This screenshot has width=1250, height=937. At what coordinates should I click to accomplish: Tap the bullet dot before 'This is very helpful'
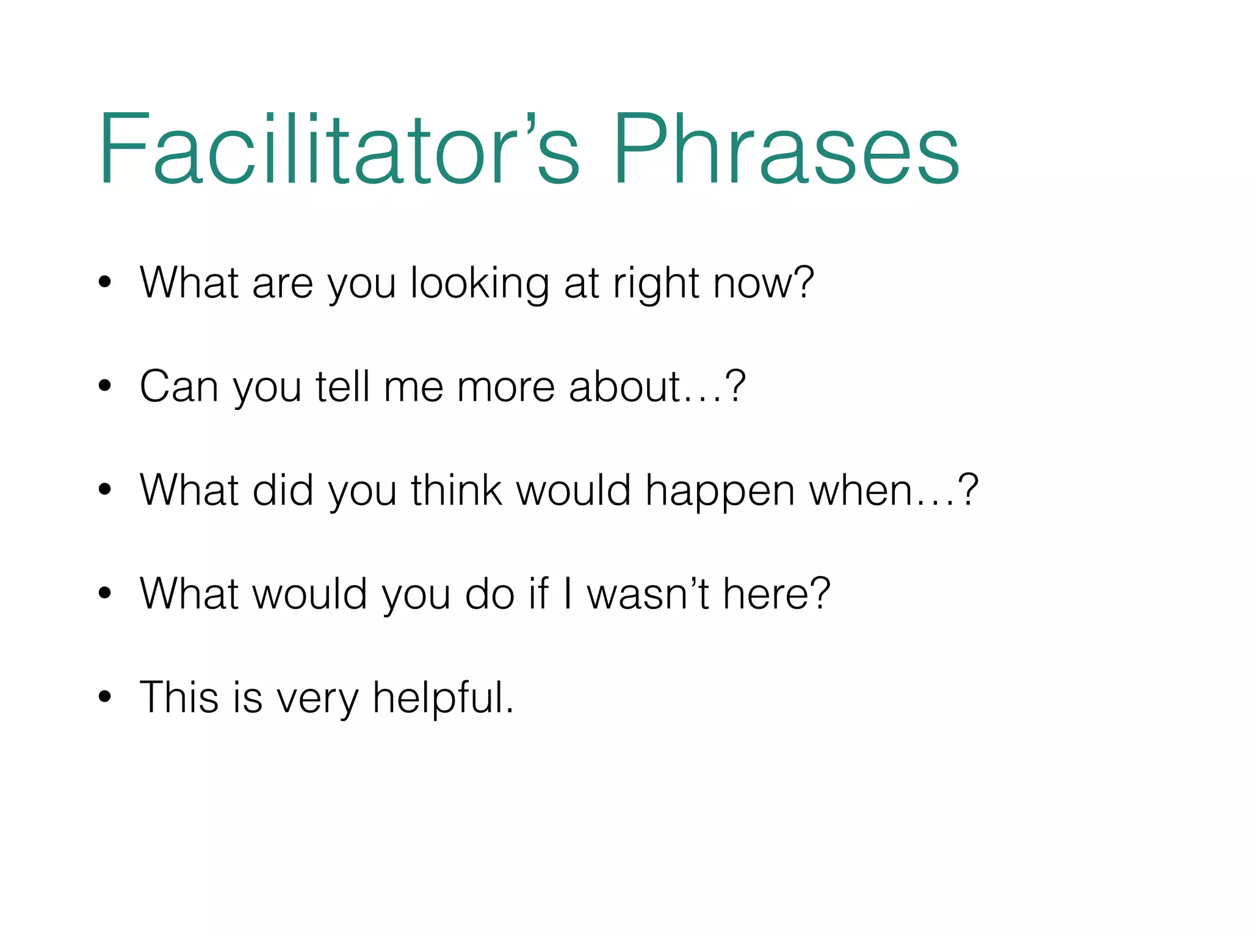(105, 697)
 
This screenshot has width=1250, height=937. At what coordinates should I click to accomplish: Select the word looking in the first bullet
(480, 284)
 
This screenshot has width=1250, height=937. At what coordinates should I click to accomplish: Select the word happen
(720, 492)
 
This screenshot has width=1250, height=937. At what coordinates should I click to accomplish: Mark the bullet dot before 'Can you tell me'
(105, 386)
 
